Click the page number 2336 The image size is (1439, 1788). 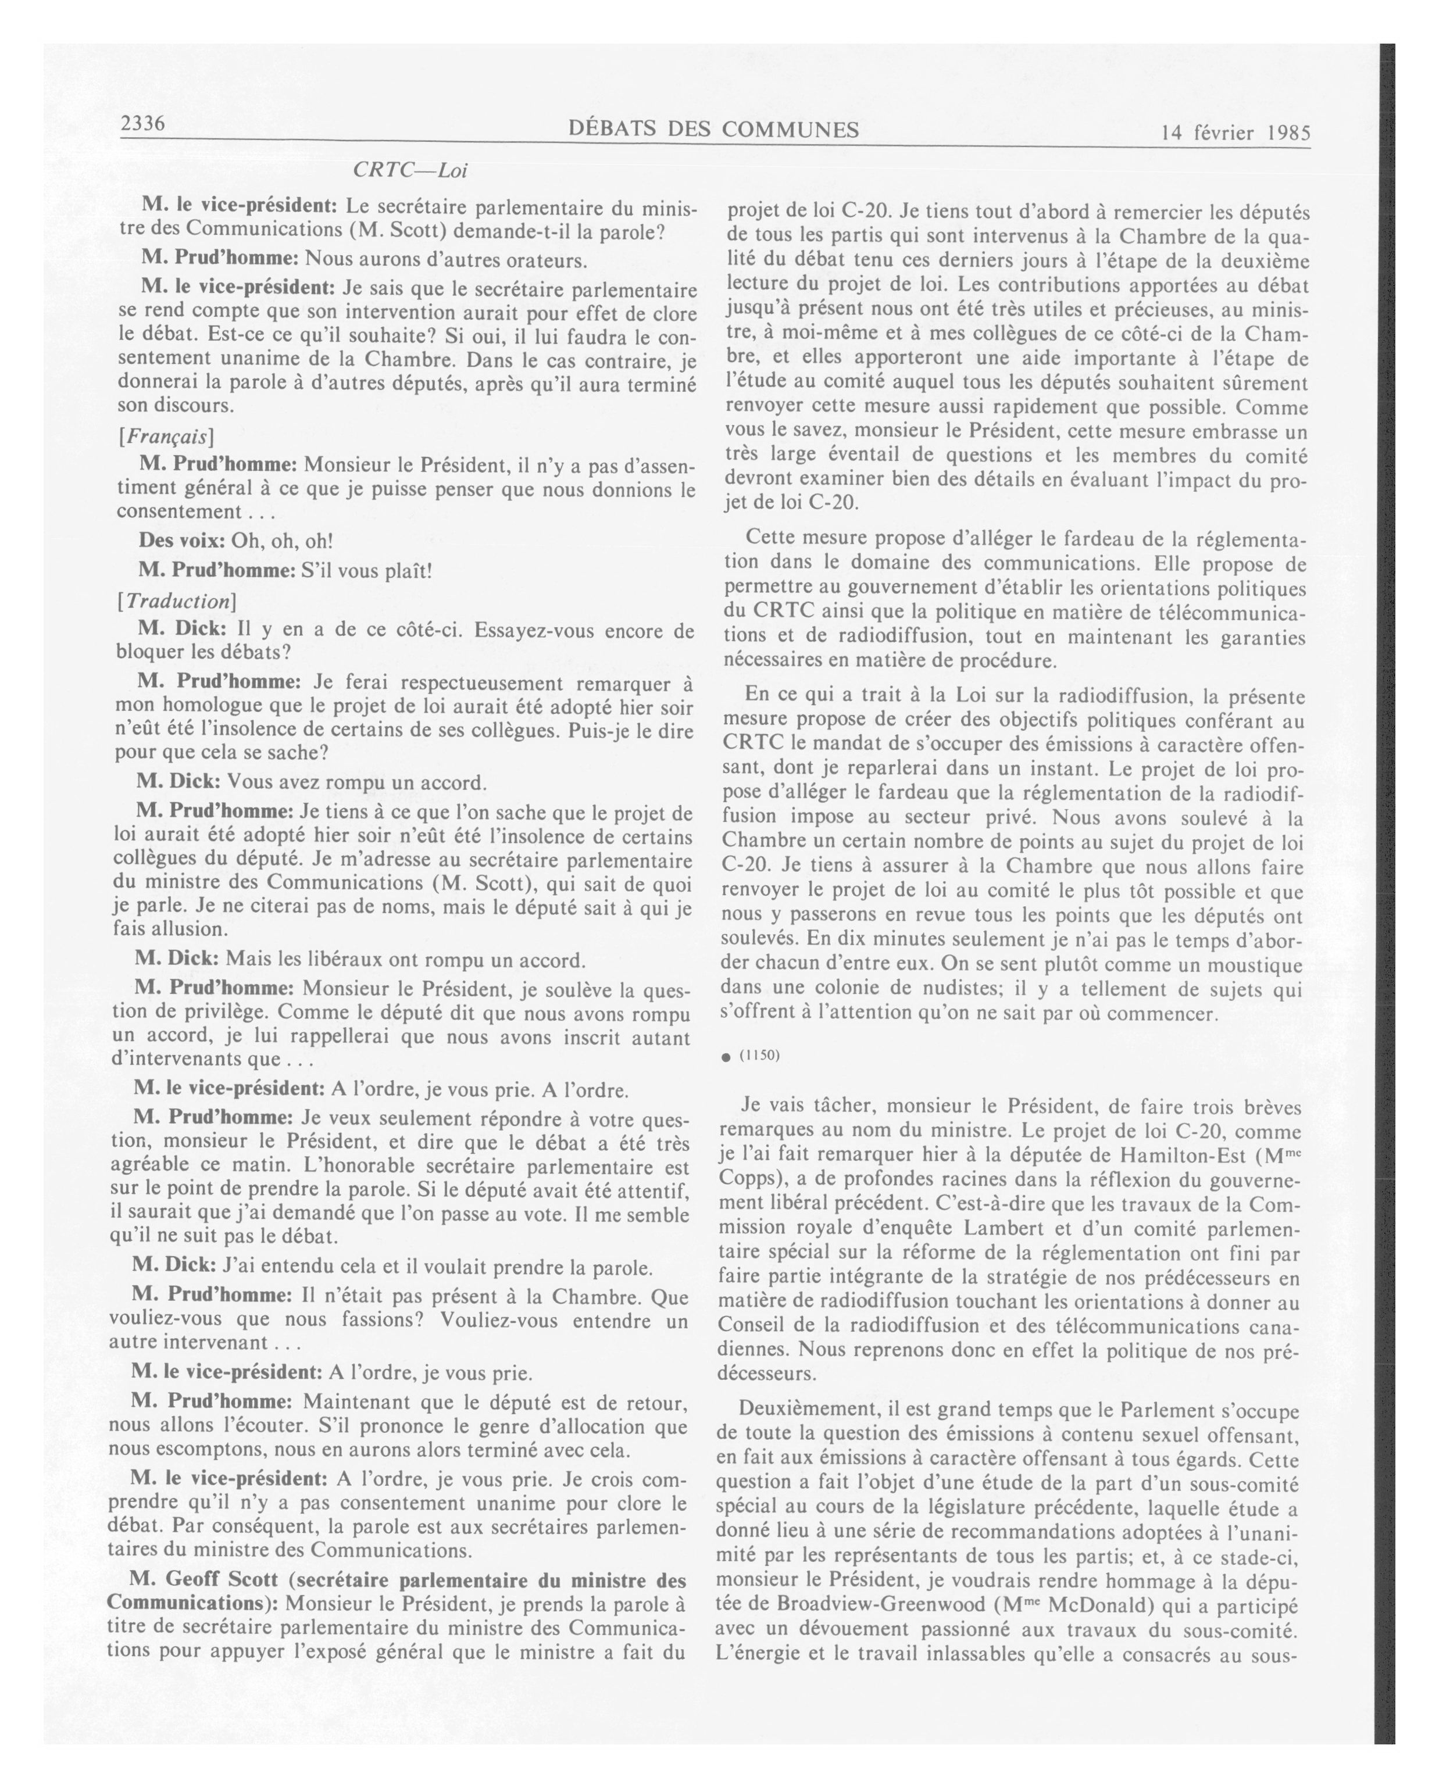144,124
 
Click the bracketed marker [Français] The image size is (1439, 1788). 166,435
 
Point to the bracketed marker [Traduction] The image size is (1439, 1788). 176,600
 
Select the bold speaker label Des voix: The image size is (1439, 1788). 181,541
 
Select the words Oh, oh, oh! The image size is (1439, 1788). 282,541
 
